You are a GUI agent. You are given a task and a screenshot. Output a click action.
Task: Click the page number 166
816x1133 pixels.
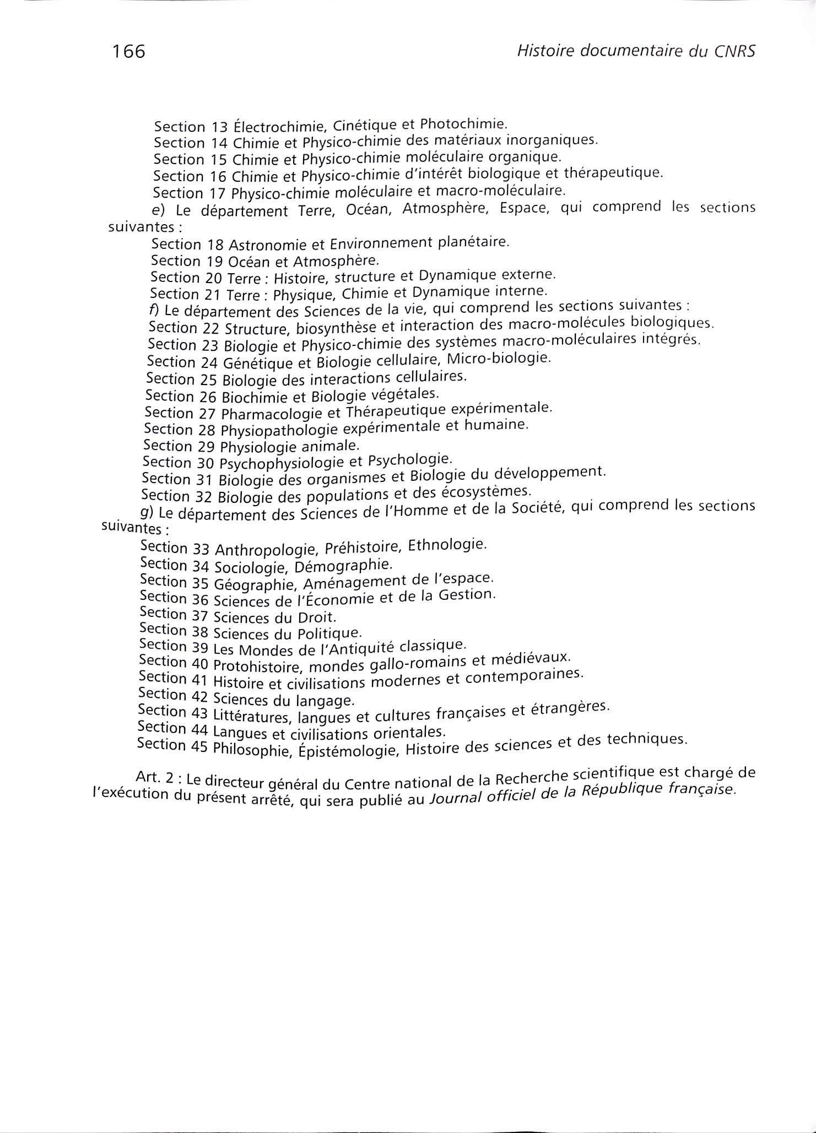(128, 51)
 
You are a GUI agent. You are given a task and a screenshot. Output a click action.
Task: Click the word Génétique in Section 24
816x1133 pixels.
(259, 362)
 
